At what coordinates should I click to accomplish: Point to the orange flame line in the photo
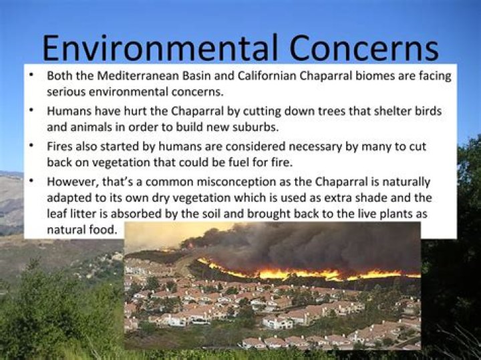(307, 273)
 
